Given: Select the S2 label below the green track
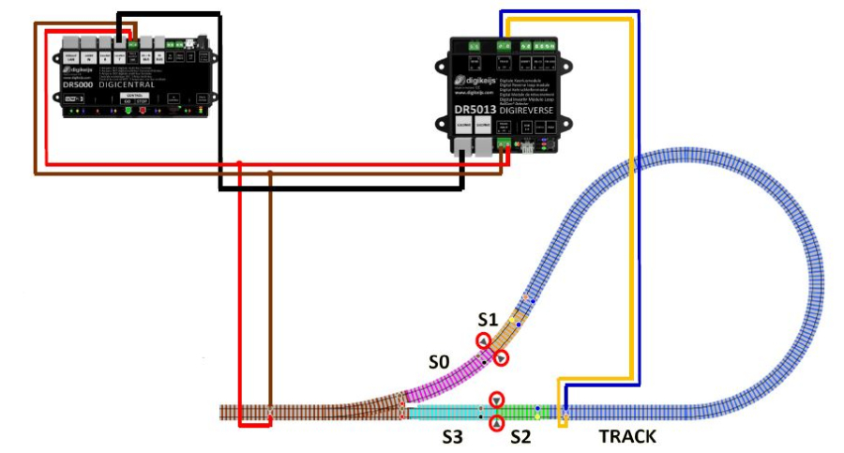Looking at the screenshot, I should tap(522, 436).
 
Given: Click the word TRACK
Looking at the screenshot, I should tap(627, 436).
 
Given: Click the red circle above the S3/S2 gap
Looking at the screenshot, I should tap(496, 400).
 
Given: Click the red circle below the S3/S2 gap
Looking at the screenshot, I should tap(496, 423).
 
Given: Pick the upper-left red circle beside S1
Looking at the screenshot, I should tap(483, 340).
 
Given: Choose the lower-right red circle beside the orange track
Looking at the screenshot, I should tap(502, 359).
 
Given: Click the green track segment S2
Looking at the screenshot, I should tap(526, 412).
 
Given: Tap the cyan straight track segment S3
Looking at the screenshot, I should tap(441, 412).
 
